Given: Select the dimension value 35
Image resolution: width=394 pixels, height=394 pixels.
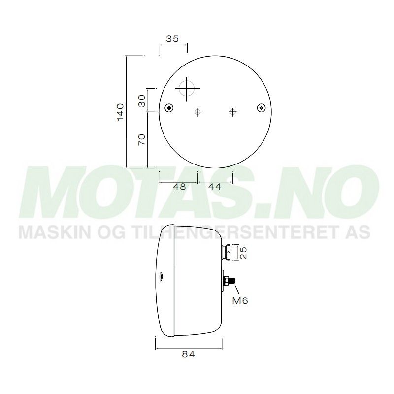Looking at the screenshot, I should (172, 40).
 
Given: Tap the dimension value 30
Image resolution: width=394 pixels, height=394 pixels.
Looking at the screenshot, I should (141, 101).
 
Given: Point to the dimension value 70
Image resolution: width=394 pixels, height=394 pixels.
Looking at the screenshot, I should (141, 140).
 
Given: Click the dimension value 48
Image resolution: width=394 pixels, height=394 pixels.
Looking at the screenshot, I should (179, 187).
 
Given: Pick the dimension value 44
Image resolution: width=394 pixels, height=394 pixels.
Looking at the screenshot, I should (214, 187).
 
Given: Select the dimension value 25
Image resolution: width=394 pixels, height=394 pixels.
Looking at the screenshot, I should (243, 252).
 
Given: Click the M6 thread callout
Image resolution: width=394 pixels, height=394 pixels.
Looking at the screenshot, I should (240, 300).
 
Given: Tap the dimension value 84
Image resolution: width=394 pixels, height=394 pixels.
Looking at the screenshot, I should (190, 354).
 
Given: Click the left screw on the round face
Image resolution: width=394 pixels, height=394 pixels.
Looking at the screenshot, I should (170, 108).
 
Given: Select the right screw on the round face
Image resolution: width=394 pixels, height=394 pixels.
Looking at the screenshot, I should (261, 108).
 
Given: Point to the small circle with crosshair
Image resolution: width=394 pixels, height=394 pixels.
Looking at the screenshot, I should (187, 89).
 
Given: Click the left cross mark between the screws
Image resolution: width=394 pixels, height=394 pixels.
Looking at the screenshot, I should (197, 112).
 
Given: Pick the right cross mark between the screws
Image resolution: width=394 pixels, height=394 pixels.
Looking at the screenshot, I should (233, 112).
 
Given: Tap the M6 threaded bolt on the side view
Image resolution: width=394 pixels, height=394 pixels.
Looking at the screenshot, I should (230, 281).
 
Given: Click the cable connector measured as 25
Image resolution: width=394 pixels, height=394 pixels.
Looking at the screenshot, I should (226, 252).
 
